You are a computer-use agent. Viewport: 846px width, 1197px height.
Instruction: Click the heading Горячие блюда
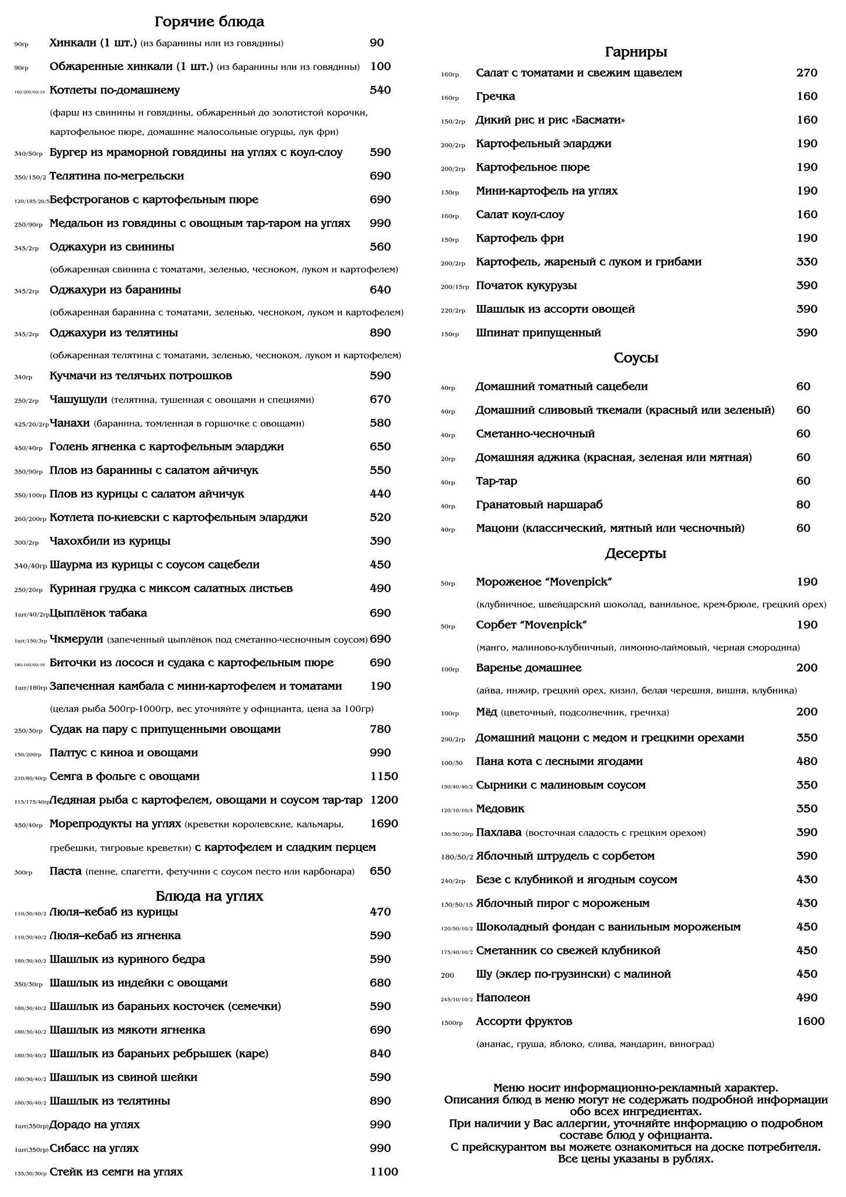209,22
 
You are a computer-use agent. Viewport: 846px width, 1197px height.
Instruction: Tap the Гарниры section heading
636,53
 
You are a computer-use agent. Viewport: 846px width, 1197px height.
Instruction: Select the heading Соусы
636,358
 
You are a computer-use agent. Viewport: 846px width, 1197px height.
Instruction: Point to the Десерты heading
636,553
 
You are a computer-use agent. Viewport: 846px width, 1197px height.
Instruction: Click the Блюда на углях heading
209,896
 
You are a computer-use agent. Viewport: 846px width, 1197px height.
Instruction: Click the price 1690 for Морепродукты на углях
384,824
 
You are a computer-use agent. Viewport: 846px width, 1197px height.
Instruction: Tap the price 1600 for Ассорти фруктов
810,1021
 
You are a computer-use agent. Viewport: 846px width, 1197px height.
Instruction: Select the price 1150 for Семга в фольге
384,776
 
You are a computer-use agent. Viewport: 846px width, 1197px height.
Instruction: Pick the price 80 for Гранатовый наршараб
803,504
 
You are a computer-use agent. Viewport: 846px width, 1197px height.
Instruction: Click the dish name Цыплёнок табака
98,613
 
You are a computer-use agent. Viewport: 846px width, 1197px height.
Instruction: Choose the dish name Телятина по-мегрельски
117,176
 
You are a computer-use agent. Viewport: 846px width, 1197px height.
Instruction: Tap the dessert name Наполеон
503,998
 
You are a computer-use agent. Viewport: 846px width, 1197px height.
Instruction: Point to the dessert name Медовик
500,809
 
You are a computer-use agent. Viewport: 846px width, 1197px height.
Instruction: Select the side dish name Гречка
495,96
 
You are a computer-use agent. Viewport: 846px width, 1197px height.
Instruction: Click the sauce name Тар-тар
496,481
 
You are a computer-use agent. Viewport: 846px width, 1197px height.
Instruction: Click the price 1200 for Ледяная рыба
384,800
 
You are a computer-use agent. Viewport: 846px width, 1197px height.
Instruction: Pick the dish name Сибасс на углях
94,1148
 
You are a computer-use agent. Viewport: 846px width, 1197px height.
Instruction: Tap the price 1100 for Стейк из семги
384,1171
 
